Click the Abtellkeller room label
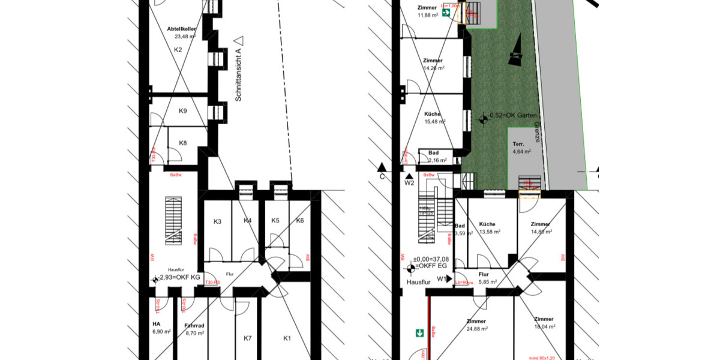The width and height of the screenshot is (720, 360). point(178,29)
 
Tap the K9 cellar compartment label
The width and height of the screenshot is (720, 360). point(183,111)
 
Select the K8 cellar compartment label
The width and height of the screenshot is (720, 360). point(183,143)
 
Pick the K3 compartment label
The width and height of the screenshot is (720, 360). point(218,222)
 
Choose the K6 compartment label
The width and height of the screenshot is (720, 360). point(300,221)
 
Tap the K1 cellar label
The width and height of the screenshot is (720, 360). point(287,338)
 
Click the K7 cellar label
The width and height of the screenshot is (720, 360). point(247,338)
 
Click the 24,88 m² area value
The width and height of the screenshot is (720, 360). point(477,328)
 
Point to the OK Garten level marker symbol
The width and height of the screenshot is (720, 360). point(482,118)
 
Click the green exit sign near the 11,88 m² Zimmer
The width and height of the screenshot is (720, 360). point(446,12)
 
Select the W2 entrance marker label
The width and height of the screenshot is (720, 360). point(410,183)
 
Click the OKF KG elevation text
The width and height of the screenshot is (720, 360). point(178,278)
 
